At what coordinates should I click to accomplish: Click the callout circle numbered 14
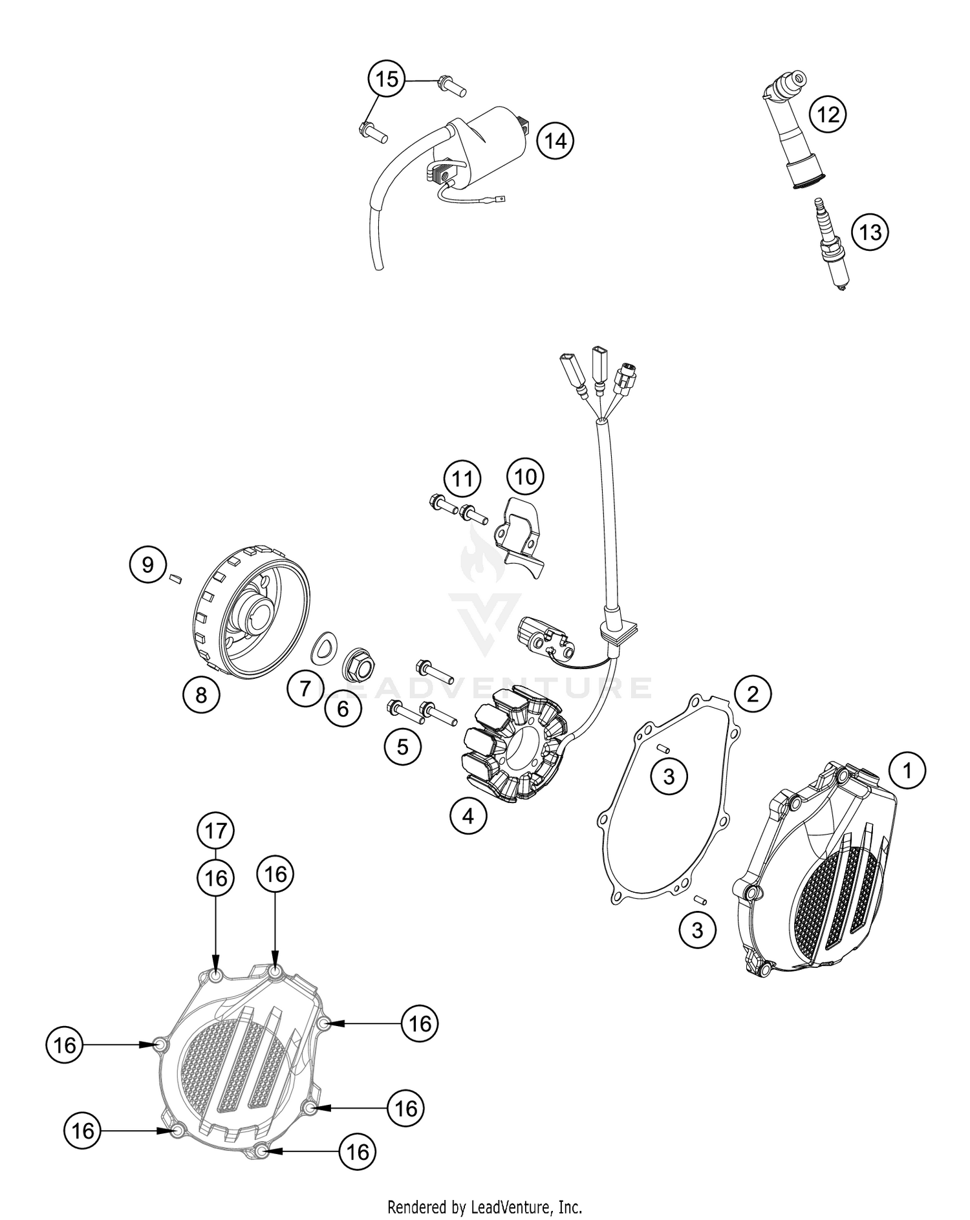555,140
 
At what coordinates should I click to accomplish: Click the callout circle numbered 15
386,80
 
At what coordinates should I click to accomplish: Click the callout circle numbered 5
402,747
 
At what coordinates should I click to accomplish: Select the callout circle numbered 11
462,479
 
